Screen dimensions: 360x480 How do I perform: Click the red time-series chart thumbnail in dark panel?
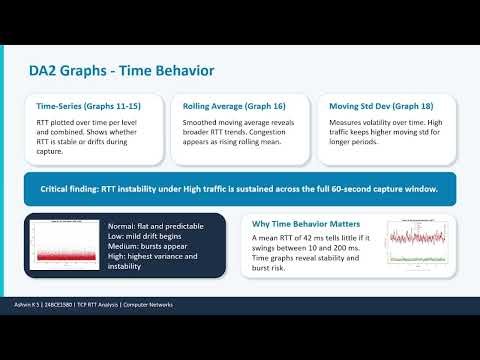(x=67, y=246)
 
